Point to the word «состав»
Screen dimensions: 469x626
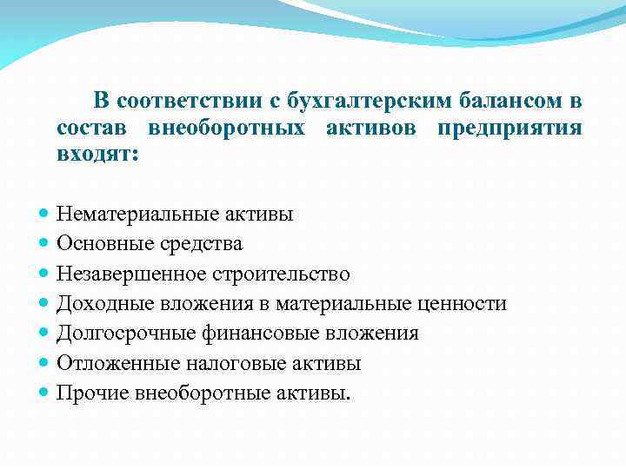(x=90, y=129)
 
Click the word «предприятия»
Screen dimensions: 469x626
(x=510, y=129)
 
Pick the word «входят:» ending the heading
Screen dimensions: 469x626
(x=97, y=155)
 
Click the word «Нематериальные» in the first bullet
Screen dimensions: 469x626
(x=132, y=214)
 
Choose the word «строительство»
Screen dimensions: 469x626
(x=279, y=274)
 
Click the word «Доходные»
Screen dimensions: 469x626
(x=97, y=303)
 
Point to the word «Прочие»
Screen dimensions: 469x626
(x=92, y=393)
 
